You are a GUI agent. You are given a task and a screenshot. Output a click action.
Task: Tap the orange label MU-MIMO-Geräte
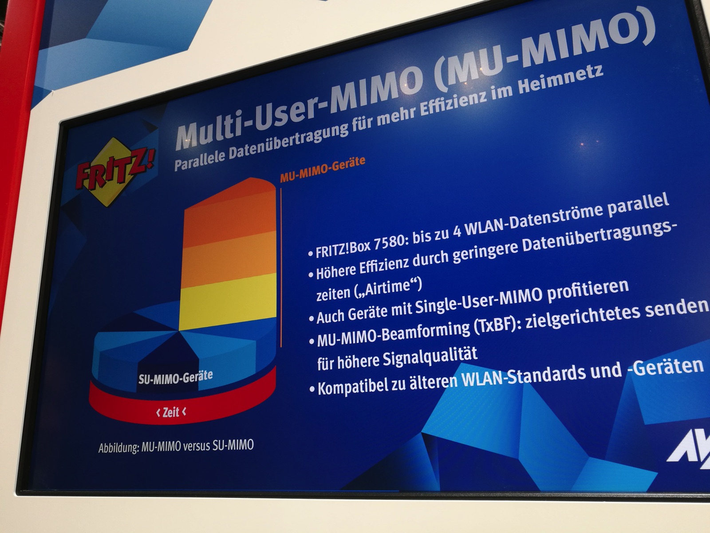[x=322, y=169]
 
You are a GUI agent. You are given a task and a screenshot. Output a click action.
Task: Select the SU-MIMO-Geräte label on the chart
[x=176, y=378]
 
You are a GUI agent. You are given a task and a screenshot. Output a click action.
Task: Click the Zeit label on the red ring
[x=171, y=412]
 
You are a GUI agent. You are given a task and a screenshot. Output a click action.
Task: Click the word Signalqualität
[x=430, y=357]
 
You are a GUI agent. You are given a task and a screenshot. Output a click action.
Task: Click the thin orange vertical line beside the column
[x=281, y=267]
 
